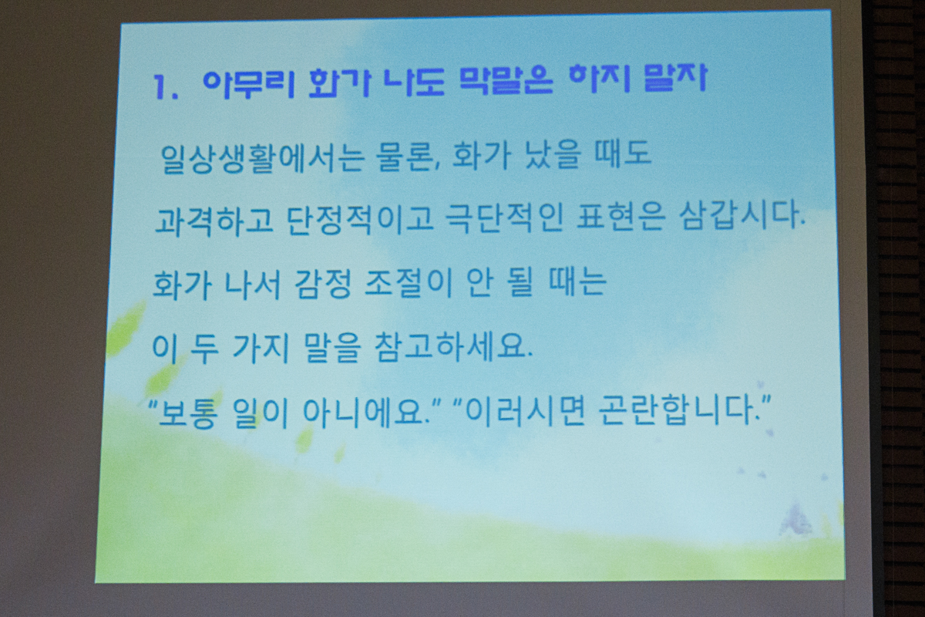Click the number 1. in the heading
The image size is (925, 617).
click(165, 88)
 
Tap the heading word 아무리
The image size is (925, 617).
click(248, 85)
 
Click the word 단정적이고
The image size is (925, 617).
click(359, 220)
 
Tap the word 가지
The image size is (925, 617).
click(261, 348)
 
